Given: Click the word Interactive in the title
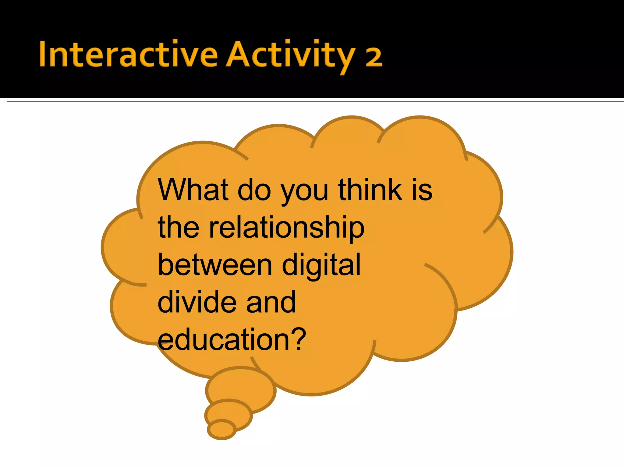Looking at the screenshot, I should (128, 54).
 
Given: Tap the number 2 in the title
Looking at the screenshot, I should (374, 57).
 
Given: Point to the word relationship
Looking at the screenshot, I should (286, 228).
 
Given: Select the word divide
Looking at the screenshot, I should (197, 302).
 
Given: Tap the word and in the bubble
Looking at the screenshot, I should (271, 302).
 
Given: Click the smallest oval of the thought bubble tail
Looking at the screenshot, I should (222, 430).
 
